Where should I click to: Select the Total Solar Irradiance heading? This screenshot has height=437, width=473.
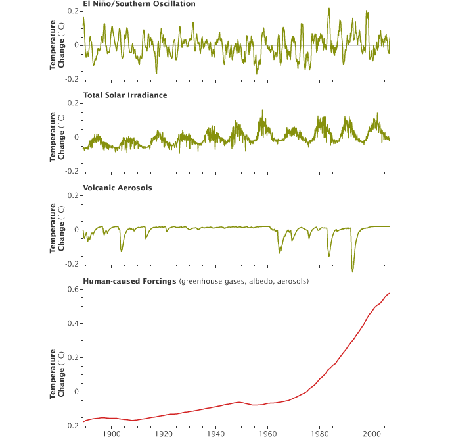coord(125,95)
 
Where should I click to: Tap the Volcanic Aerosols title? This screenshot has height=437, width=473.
coord(118,188)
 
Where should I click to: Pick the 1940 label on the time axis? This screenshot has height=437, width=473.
coord(215,434)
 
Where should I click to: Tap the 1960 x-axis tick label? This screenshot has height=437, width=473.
coord(267,434)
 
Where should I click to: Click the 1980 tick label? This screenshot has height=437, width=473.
coord(320,434)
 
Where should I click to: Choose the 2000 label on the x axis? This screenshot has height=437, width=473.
coord(372,434)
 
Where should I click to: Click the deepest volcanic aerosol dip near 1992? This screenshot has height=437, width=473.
coord(352,271)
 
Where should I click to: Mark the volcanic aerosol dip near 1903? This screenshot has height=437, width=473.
coord(121,251)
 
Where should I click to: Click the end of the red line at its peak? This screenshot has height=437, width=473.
coord(390,293)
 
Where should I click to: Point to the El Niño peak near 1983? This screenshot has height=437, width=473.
coord(328,9)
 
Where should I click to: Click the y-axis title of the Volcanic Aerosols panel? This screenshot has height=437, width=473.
coord(57,228)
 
